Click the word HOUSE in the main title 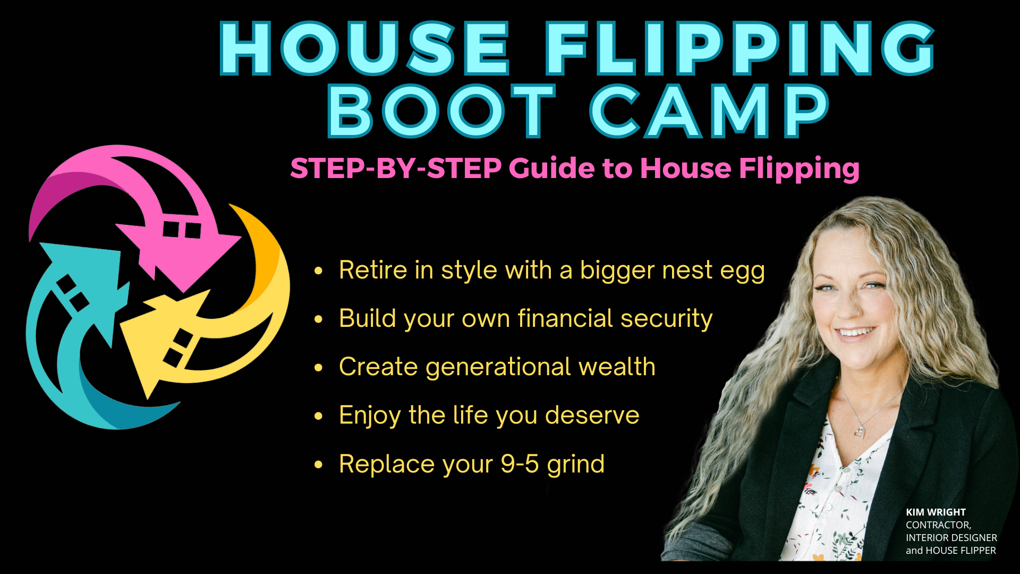pyautogui.click(x=363, y=49)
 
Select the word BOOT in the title pyautogui.click(x=441, y=112)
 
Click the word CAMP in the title pyautogui.click(x=709, y=112)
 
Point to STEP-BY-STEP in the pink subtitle pyautogui.click(x=396, y=168)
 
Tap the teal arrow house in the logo pyautogui.click(x=80, y=298)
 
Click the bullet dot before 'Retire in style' pyautogui.click(x=319, y=271)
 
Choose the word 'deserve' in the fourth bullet pyautogui.click(x=592, y=415)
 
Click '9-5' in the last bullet pyautogui.click(x=520, y=464)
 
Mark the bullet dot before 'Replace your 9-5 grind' pyautogui.click(x=319, y=465)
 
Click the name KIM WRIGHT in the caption pyautogui.click(x=936, y=512)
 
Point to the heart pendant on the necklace pyautogui.click(x=859, y=432)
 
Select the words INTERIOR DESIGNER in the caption pyautogui.click(x=951, y=538)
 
